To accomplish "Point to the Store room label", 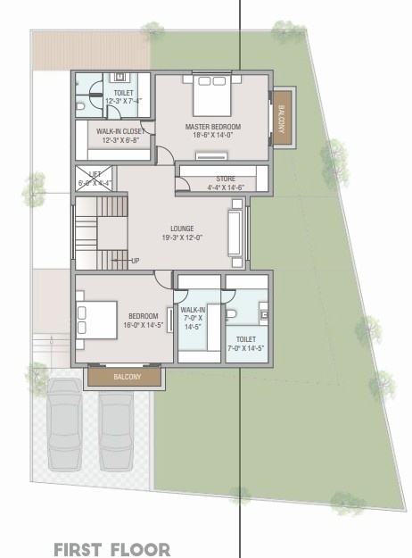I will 225,183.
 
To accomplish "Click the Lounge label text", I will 182,233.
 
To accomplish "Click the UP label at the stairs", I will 136,261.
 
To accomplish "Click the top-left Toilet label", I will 122,96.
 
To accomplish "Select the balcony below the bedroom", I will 126,378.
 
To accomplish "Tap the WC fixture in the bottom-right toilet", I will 231,314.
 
